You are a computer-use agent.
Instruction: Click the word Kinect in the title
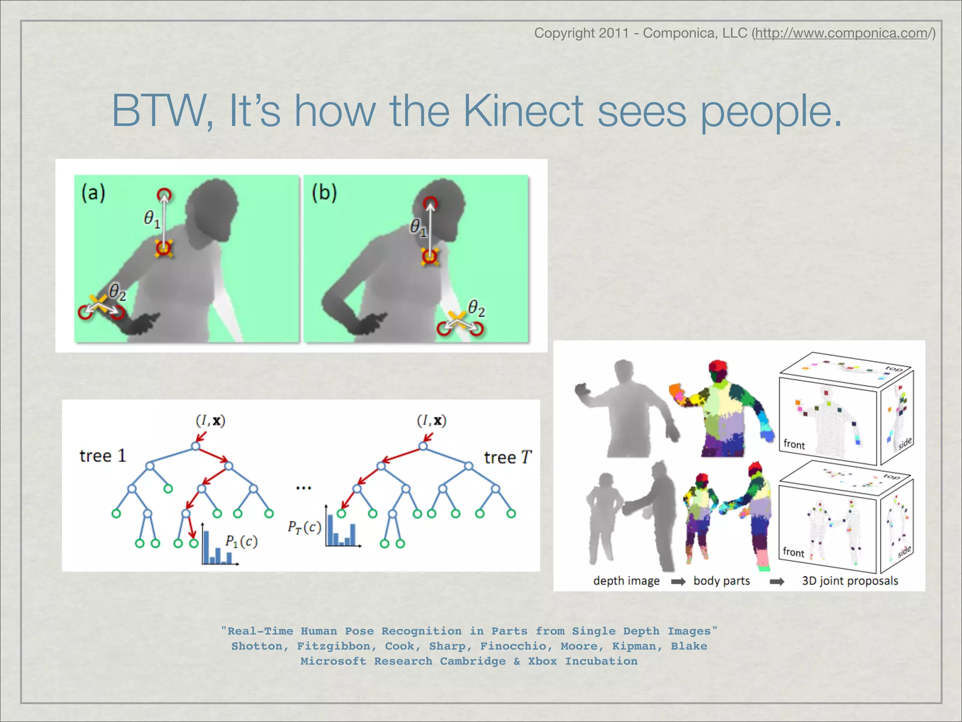524,111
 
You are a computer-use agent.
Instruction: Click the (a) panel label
93,193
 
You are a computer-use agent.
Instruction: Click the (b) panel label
324,193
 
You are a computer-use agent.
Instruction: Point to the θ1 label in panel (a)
152,219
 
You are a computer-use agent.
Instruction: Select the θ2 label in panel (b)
476,308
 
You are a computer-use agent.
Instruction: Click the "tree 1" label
102,456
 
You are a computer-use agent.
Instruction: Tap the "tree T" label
508,457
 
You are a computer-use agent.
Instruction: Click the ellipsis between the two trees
303,488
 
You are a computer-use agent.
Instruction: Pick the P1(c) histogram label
241,541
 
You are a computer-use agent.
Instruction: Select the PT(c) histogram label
304,527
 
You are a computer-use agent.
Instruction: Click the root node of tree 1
196,446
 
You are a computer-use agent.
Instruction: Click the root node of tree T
423,446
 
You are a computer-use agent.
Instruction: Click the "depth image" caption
626,581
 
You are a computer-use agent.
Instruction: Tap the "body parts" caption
721,581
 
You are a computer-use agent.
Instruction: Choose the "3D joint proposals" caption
850,581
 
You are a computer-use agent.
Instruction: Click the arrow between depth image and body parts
678,582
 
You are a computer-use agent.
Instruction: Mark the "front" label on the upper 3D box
794,445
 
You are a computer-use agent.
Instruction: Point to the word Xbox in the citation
542,661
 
